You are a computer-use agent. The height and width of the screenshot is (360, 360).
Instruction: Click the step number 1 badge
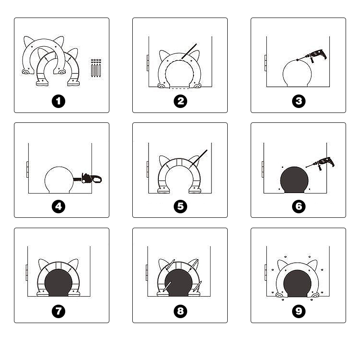point(58,101)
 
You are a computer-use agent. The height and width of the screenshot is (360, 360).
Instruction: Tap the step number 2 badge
point(180,101)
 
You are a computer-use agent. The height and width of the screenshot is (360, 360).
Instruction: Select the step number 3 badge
point(299,101)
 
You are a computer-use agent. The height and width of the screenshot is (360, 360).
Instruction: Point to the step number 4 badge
point(58,207)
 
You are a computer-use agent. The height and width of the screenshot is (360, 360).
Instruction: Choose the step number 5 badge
point(180,207)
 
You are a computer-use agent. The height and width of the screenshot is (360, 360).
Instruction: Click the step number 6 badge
point(299,207)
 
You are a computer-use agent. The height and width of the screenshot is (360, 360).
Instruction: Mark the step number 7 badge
point(58,311)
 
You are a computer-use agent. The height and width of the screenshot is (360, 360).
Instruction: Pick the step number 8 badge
point(180,311)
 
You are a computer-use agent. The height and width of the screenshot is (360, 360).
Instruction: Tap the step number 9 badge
point(299,311)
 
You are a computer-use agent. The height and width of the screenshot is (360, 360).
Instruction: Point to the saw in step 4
point(87,179)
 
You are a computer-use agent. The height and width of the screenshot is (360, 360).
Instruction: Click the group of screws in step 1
point(96,68)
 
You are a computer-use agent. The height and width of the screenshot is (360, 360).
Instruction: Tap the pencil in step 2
point(189,51)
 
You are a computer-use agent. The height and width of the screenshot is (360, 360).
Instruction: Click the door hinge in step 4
point(27,170)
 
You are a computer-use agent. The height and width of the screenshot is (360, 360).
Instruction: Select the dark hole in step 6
point(294,180)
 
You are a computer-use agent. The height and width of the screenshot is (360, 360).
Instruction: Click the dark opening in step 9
point(297,283)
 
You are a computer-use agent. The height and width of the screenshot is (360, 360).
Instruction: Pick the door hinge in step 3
point(265,63)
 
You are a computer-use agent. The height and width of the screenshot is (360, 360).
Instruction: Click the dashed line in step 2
point(179,88)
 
